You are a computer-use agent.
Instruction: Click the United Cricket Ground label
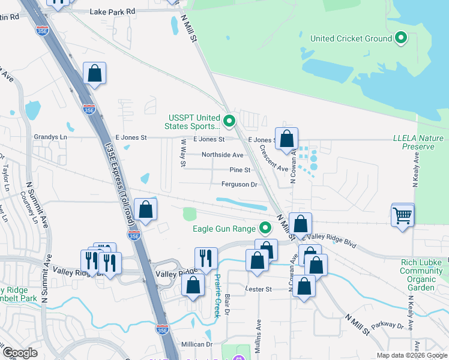coord(351,39)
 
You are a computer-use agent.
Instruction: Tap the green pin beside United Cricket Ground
coord(402,39)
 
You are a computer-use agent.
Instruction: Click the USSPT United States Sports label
coord(193,122)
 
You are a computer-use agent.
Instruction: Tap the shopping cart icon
coord(402,214)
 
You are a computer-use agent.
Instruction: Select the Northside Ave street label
coord(222,155)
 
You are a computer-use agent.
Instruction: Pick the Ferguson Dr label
coord(239,185)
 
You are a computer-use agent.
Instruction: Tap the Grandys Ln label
coord(50,137)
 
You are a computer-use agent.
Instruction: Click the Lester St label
coord(259,289)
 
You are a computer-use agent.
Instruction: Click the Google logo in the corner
coord(20,353)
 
